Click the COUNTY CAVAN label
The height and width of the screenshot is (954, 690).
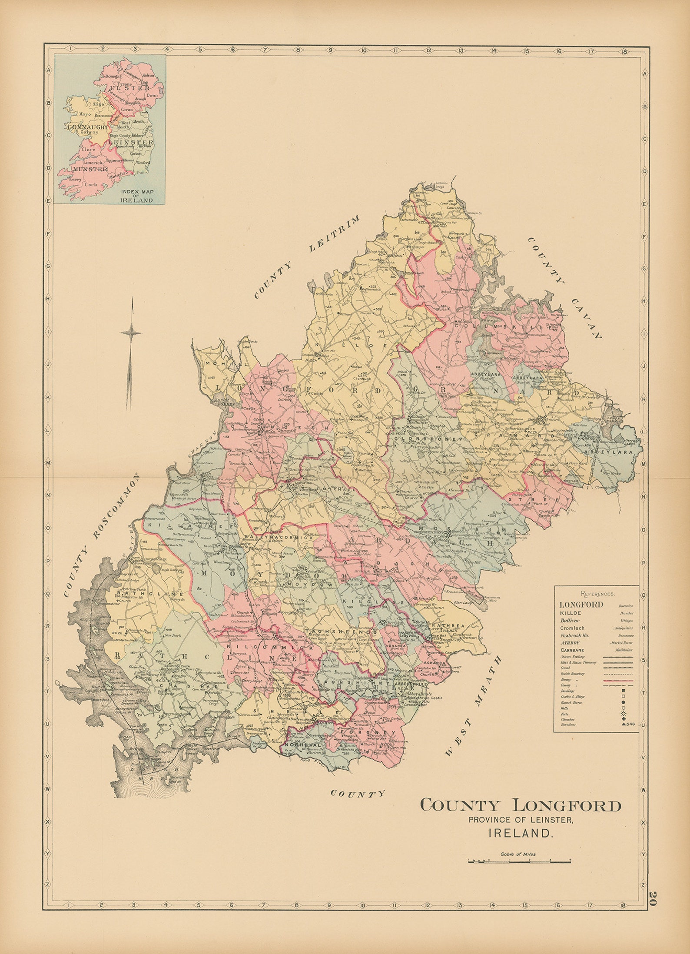(565, 287)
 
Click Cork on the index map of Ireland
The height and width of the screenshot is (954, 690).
(91, 184)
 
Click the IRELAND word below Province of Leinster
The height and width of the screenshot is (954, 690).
(521, 833)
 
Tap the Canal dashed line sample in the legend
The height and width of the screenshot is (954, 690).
(618, 668)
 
